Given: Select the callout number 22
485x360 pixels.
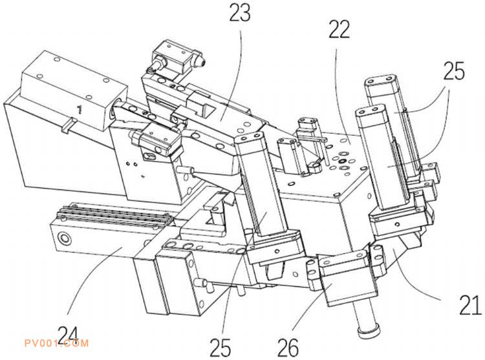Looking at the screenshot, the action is [x=339, y=29].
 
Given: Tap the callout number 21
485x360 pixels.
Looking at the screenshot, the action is [x=469, y=305].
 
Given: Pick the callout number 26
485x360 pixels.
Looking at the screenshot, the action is [x=288, y=347].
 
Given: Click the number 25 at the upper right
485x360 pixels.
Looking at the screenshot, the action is [x=454, y=70].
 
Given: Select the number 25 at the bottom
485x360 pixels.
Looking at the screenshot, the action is [x=221, y=347].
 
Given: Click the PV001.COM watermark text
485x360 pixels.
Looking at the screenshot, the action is [x=56, y=343].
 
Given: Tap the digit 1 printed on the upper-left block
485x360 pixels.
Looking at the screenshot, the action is [x=80, y=109].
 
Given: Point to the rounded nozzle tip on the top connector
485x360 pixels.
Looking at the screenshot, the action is [x=200, y=63].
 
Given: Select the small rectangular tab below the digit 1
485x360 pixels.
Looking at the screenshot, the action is [x=69, y=125].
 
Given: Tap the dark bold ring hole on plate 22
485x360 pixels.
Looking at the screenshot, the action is [x=342, y=161].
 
